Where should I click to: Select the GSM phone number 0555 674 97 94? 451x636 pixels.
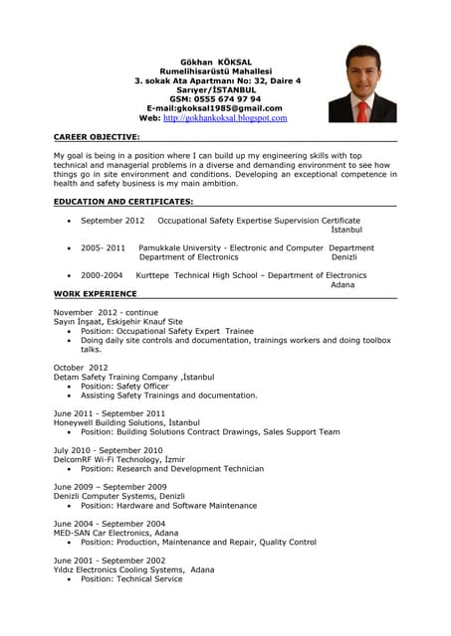click(228, 99)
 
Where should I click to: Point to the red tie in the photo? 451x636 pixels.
click(363, 108)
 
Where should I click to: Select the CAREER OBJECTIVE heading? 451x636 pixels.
click(97, 136)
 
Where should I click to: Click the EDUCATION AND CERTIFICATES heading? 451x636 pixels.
click(123, 202)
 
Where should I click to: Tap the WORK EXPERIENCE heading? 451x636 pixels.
click(96, 294)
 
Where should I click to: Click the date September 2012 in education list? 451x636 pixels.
click(113, 220)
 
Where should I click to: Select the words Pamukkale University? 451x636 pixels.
click(182, 247)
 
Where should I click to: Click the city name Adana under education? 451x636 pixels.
click(342, 285)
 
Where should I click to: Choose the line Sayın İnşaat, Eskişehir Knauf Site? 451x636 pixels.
click(118, 322)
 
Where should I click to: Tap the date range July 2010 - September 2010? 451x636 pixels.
click(108, 450)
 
